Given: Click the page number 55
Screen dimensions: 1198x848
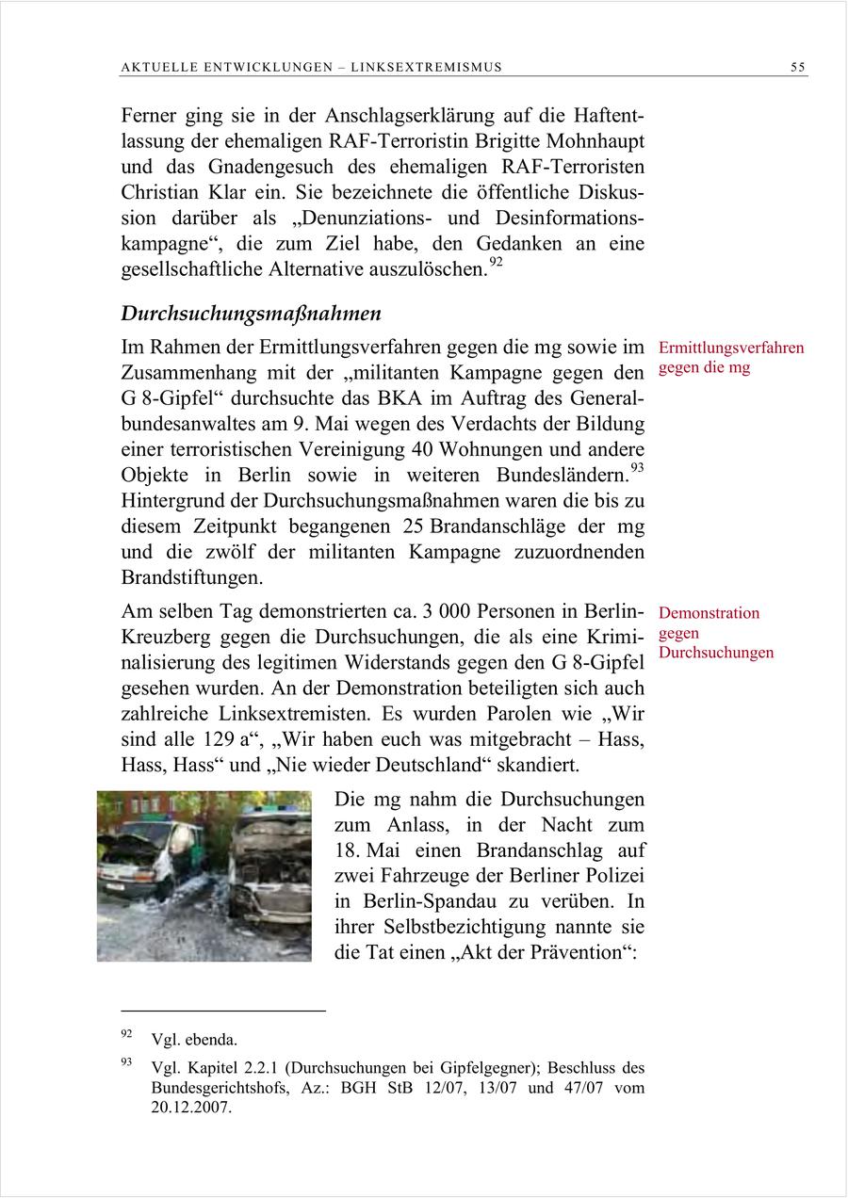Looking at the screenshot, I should [x=798, y=67].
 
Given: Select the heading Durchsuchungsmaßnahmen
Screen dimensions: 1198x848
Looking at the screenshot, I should [x=251, y=313].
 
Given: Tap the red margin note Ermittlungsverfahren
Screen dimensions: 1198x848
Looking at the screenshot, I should [x=731, y=348].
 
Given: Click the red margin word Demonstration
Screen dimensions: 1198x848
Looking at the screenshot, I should [x=709, y=613].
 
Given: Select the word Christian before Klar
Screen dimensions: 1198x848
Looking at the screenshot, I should [x=158, y=192].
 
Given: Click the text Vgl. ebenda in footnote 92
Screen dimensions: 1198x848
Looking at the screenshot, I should [x=193, y=1040].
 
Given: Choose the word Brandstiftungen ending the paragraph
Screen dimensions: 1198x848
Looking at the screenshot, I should [x=192, y=575].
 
